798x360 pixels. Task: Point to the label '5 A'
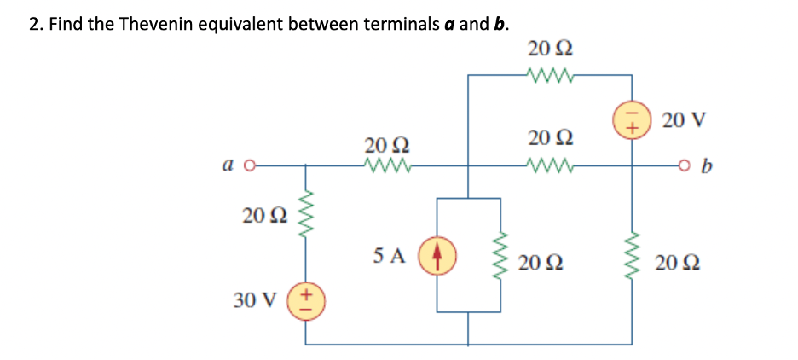(389, 253)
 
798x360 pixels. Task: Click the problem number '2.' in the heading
(35, 23)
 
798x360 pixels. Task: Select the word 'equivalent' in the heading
(240, 23)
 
